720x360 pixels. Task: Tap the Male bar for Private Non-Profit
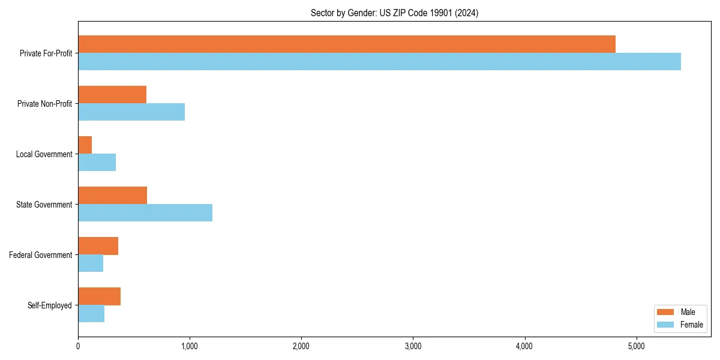(x=112, y=95)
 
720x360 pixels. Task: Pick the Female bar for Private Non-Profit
(x=131, y=112)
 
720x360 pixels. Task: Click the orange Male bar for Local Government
(x=85, y=145)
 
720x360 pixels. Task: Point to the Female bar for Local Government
(x=97, y=163)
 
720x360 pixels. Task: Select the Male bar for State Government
(x=113, y=196)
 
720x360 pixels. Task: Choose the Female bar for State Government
(x=145, y=213)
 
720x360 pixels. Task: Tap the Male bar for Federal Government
(x=98, y=246)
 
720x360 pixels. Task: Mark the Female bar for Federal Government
(x=91, y=263)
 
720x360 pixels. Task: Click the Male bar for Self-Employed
(x=100, y=296)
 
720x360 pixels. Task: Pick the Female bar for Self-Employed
(x=91, y=314)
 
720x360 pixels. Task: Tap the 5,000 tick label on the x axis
(x=636, y=346)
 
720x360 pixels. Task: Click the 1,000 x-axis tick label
(x=190, y=346)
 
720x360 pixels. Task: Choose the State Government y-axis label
(x=44, y=205)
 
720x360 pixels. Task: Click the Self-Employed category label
(x=50, y=305)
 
